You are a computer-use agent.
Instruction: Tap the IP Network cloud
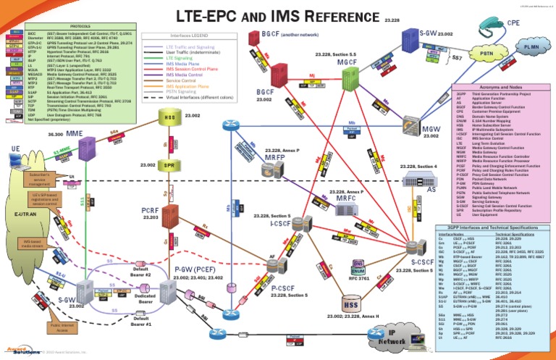click(x=393, y=337)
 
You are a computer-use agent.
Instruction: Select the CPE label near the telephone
click(x=513, y=22)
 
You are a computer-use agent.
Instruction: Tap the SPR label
click(x=170, y=166)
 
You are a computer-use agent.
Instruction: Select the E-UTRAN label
click(x=30, y=215)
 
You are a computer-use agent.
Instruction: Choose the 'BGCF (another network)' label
click(x=281, y=33)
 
